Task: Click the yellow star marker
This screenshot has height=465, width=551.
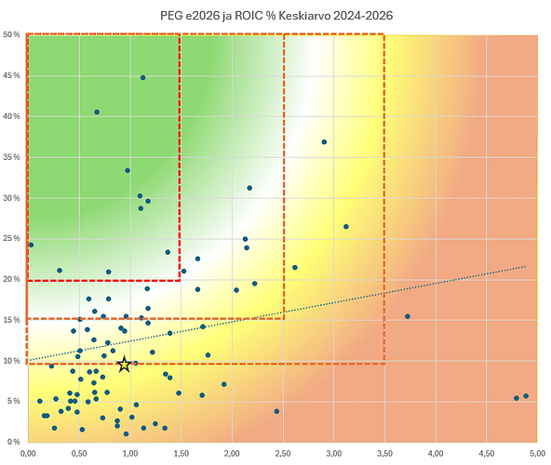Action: pos(124,365)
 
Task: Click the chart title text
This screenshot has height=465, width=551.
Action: pos(276,16)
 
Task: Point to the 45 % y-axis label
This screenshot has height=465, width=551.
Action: pos(11,75)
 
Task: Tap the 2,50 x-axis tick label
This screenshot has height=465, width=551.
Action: pos(283,454)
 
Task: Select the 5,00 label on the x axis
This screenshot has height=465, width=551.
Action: pos(538,454)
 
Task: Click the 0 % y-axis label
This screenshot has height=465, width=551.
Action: pos(14,442)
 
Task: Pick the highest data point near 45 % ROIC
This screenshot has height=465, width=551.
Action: pos(142,77)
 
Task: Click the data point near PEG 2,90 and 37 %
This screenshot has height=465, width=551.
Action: pos(324,142)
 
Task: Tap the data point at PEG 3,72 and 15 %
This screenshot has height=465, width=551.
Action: pos(408,316)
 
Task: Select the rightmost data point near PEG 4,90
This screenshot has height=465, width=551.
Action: pos(526,396)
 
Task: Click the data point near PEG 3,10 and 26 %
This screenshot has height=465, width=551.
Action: pos(346,227)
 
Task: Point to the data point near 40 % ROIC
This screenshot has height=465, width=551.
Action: pos(97,112)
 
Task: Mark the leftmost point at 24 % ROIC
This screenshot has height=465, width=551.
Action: pos(31,245)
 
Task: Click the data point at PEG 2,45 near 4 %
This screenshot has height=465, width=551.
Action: pos(276,411)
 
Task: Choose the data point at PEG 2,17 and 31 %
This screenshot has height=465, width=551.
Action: pos(249,188)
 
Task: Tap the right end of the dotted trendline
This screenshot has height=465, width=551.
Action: pos(526,267)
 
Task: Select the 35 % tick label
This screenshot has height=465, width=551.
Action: pos(11,157)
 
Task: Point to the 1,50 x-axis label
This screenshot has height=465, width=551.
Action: pos(181,454)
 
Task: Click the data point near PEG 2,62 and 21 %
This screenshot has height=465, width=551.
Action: pos(295,268)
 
